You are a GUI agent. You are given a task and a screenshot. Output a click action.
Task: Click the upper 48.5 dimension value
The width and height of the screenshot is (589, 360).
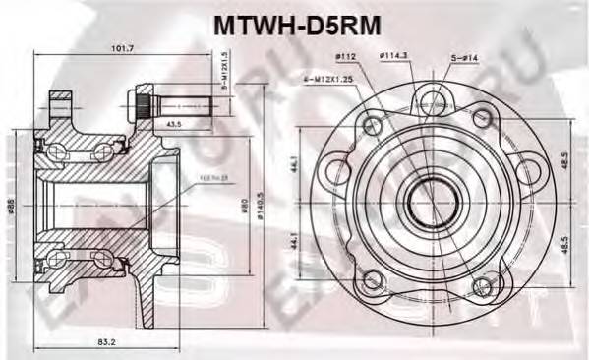pos(564,156)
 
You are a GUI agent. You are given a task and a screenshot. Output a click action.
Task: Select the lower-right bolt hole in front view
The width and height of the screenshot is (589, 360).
pos(481,285)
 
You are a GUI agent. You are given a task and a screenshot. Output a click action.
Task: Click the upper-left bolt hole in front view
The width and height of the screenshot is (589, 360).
pos(371,125)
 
